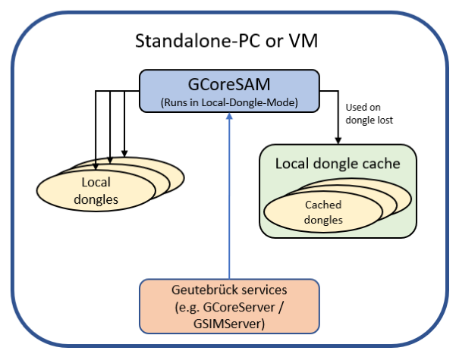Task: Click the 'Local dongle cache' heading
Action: point(337,163)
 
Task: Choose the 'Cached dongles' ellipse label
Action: point(323,212)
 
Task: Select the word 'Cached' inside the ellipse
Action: point(323,205)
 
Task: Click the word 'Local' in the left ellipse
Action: point(96,182)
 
